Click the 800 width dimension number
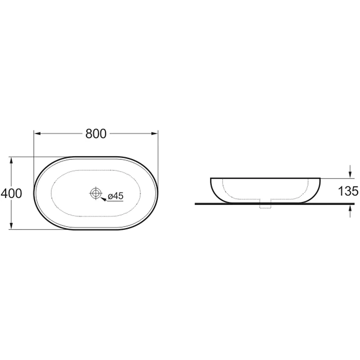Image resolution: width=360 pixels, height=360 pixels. pyautogui.click(x=96, y=134)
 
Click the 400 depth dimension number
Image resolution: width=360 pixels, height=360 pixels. pyautogui.click(x=12, y=193)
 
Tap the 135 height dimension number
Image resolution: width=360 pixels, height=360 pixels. pyautogui.click(x=348, y=191)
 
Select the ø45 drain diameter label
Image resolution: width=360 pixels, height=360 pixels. pyautogui.click(x=116, y=196)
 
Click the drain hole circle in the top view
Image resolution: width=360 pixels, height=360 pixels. pyautogui.click(x=95, y=193)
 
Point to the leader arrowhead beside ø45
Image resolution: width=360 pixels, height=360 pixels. pyautogui.click(x=104, y=199)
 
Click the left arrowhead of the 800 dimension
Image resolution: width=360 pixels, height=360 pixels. pyautogui.click(x=37, y=134)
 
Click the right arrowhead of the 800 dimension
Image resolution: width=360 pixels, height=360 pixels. pyautogui.click(x=154, y=134)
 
